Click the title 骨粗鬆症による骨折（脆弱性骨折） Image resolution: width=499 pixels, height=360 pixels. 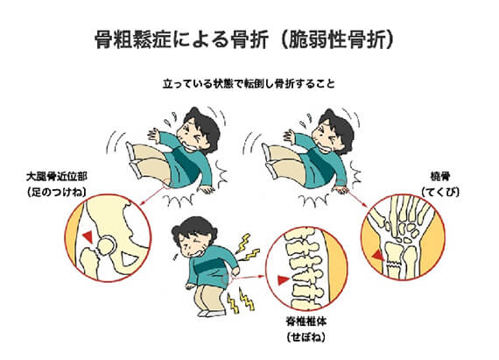pyautogui.click(x=244, y=39)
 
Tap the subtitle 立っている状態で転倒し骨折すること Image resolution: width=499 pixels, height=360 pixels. pyautogui.click(x=249, y=84)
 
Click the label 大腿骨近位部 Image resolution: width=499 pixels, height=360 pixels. pyautogui.click(x=57, y=177)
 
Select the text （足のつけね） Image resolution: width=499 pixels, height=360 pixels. pyautogui.click(x=57, y=192)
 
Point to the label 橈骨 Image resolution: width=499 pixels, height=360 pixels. pyautogui.click(x=440, y=176)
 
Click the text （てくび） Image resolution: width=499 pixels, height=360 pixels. pyautogui.click(x=440, y=192)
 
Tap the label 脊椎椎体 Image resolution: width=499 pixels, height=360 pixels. pyautogui.click(x=306, y=321)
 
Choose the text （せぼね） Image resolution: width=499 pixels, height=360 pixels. pyautogui.click(x=306, y=337)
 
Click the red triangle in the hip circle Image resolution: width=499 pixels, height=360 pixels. pyautogui.click(x=88, y=236)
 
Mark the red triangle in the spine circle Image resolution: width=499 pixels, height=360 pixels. pyautogui.click(x=283, y=279)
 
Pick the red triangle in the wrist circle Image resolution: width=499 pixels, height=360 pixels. pyautogui.click(x=378, y=255)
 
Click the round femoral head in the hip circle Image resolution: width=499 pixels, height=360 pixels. pyautogui.click(x=107, y=245)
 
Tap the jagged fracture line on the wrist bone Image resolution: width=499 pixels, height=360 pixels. pyautogui.click(x=395, y=264)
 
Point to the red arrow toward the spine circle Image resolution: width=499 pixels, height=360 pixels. pyautogui.click(x=249, y=277)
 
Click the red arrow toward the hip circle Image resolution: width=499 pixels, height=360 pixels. pyautogui.click(x=153, y=195)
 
